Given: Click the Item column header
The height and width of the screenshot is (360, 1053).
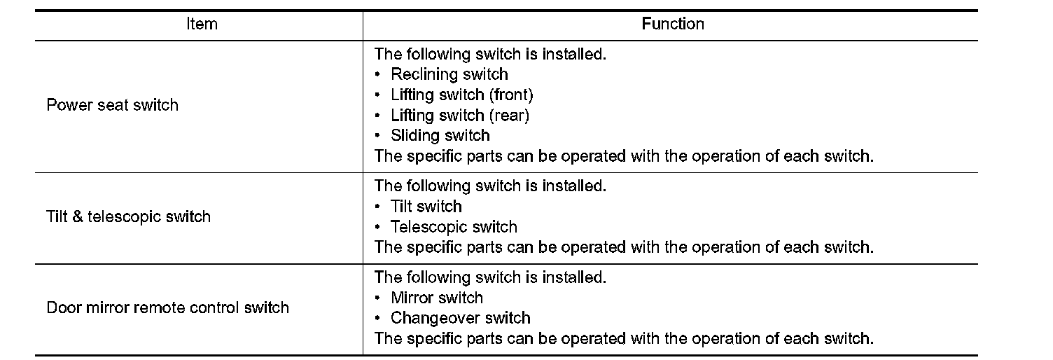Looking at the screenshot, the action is [x=202, y=25].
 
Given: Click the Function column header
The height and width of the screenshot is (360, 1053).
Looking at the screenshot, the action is [x=673, y=25].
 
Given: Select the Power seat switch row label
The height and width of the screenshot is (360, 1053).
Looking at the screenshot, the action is [x=112, y=105].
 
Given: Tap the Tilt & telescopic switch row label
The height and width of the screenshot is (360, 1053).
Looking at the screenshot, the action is [x=128, y=216].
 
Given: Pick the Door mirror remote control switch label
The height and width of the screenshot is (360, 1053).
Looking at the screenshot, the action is [x=167, y=307].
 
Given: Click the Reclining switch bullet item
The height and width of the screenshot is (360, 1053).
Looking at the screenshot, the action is [x=449, y=74].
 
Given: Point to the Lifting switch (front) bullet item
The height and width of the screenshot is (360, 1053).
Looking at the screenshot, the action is [x=461, y=95].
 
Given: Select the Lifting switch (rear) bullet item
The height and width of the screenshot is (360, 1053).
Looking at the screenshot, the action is [x=459, y=115].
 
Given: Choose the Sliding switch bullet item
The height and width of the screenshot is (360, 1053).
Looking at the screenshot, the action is [x=440, y=135].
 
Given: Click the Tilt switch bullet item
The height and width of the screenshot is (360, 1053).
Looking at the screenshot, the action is [x=426, y=207].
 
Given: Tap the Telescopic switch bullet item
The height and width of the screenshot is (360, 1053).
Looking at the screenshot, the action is [x=454, y=227].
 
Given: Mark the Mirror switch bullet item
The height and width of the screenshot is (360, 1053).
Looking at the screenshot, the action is [x=436, y=298].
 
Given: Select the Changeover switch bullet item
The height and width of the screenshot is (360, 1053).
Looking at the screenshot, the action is [x=460, y=318].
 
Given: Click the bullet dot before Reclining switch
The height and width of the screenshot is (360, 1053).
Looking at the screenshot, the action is [x=378, y=74].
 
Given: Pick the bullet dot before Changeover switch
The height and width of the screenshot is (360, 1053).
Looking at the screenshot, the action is [x=378, y=319].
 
